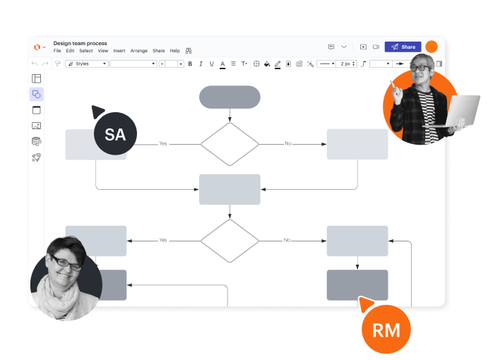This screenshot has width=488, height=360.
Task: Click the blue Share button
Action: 403,47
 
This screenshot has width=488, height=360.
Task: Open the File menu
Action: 57,51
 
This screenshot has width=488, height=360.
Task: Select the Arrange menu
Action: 139,51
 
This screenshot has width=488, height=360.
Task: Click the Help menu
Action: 174,51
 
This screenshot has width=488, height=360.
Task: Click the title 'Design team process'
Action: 80,43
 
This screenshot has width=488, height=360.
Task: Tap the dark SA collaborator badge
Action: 115,134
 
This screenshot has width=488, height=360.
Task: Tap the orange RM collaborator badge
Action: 386,330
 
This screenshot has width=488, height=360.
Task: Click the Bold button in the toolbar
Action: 190,64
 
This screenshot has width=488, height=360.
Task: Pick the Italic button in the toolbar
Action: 201,64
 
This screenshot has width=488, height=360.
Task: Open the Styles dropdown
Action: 87,64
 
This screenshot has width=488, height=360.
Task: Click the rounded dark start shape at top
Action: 230,97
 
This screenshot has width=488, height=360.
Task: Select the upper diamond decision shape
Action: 230,144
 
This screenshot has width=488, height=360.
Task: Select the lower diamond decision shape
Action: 230,240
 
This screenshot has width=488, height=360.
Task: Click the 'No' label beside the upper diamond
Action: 287,143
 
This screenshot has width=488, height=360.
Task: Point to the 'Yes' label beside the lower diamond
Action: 163,240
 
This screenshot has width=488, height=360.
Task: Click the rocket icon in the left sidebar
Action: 37,157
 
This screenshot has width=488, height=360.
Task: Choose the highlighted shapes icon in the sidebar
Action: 37,94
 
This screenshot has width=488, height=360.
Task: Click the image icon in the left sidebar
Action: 37,126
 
